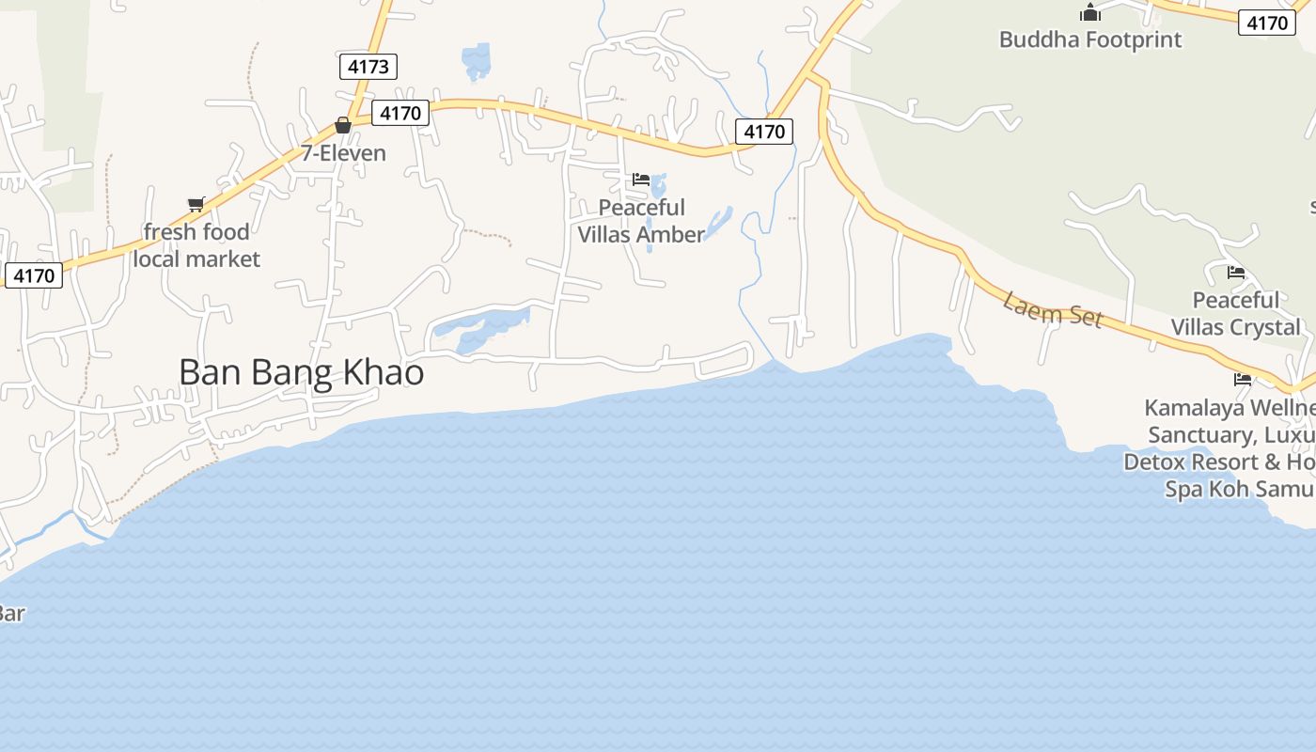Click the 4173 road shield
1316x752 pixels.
368,67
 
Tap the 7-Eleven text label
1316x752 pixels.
343,153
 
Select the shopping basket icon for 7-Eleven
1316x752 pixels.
343,125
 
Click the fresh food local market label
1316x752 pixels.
196,245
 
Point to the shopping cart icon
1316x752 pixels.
196,204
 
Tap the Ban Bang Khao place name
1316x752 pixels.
301,373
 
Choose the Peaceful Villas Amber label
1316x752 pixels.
641,221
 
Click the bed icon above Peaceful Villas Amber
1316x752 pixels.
641,179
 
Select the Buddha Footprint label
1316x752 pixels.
1090,39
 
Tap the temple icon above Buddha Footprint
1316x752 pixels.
1090,12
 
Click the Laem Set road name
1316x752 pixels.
1052,309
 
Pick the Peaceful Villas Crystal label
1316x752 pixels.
1236,313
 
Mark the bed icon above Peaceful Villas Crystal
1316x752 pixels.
1236,273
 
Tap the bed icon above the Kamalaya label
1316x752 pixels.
1243,380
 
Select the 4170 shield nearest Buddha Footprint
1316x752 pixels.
1267,23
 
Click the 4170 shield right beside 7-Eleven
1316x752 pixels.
401,114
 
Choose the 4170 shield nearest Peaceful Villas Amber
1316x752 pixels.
763,132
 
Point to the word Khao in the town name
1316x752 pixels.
385,373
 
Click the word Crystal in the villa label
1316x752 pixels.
1267,327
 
